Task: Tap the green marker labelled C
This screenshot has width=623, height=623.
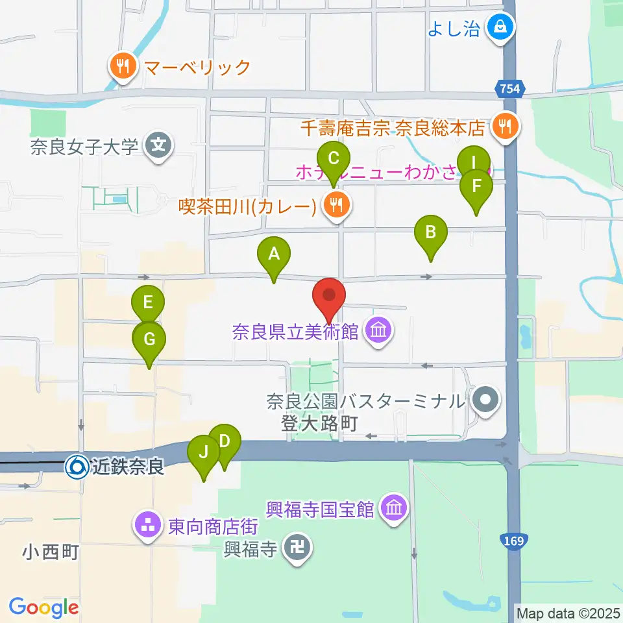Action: click(334, 159)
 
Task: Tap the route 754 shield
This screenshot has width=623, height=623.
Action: click(510, 88)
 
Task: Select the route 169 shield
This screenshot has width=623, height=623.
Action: click(512, 540)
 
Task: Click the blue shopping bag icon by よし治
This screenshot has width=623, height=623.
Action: click(501, 27)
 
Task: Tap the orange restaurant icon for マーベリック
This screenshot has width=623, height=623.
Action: click(122, 66)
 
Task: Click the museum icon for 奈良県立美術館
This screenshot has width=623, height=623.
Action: click(377, 332)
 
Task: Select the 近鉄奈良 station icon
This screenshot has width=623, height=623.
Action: click(76, 467)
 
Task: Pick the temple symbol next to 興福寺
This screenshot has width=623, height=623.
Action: click(298, 550)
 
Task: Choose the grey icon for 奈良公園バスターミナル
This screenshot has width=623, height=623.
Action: click(485, 400)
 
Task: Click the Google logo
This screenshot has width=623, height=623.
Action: click(44, 607)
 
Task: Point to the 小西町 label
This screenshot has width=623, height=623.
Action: click(51, 553)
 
